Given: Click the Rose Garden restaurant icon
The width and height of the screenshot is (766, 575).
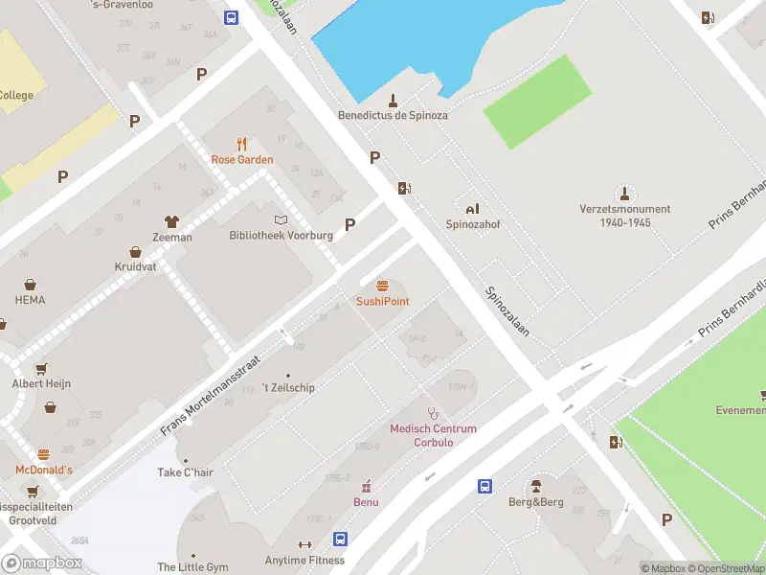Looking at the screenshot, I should (x=242, y=144).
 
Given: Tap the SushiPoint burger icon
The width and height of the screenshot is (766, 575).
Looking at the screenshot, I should (x=383, y=286).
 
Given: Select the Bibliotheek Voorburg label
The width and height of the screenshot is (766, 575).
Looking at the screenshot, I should (x=281, y=235).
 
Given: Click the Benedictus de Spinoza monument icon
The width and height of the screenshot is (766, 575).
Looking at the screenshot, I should (x=393, y=100).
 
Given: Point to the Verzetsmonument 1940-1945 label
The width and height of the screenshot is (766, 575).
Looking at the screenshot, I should (x=624, y=216).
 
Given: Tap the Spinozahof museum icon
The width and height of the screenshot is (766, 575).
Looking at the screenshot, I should (x=472, y=208).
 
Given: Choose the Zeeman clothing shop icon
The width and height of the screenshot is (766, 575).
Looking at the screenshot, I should (x=172, y=221).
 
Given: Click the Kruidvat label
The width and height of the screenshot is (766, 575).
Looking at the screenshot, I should (x=135, y=266).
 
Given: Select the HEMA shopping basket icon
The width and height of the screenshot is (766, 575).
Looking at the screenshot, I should (x=30, y=285).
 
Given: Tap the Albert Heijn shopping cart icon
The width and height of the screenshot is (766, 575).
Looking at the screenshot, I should (x=41, y=368).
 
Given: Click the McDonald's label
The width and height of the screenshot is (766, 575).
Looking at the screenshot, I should (x=43, y=470).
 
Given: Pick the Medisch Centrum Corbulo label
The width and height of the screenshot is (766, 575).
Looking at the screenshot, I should (x=433, y=435).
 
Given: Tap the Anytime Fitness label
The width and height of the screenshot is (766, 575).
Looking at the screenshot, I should (x=304, y=561).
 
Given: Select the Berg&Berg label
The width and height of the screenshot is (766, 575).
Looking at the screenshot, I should (x=535, y=502).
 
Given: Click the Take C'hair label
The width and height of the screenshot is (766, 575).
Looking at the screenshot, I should (x=185, y=472).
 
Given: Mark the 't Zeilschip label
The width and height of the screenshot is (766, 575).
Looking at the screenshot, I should (x=287, y=387).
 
